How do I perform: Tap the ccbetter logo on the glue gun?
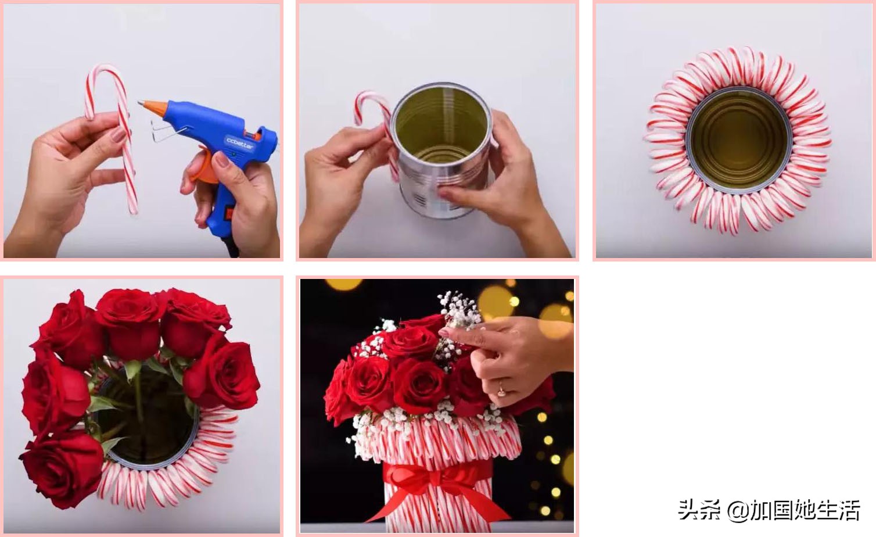(239, 143)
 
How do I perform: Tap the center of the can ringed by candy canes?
(739, 140)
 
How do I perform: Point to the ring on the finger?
(501, 389)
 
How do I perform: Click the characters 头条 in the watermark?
(699, 510)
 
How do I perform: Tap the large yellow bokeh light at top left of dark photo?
(344, 284)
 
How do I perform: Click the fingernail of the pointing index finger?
(444, 333)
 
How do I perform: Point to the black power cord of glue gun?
(232, 246)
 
